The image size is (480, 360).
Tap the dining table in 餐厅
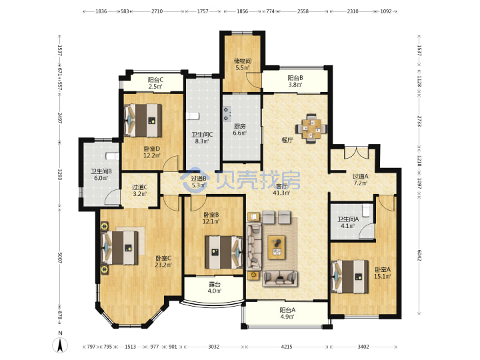(x=311, y=129)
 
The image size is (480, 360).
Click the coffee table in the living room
(x=277, y=247)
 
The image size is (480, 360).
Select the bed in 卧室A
(x=350, y=277)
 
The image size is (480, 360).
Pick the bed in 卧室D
(x=143, y=120)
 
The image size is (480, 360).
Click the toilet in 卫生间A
(x=366, y=210)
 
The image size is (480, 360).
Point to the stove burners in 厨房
(x=227, y=113)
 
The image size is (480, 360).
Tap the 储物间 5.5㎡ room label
(x=243, y=64)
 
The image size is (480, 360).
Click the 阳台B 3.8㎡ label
(x=295, y=81)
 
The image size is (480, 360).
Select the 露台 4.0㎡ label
(x=214, y=288)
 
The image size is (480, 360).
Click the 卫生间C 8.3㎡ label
(x=202, y=138)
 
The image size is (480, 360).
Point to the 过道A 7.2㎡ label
(x=360, y=180)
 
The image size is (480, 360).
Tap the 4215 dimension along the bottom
(x=287, y=347)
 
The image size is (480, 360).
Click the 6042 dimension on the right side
(x=419, y=255)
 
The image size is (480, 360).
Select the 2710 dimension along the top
(x=157, y=11)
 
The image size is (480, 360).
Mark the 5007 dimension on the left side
(x=60, y=258)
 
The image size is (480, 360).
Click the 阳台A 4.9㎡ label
(x=287, y=313)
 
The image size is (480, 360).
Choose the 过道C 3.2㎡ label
(x=139, y=190)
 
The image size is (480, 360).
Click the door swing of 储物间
(x=254, y=81)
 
